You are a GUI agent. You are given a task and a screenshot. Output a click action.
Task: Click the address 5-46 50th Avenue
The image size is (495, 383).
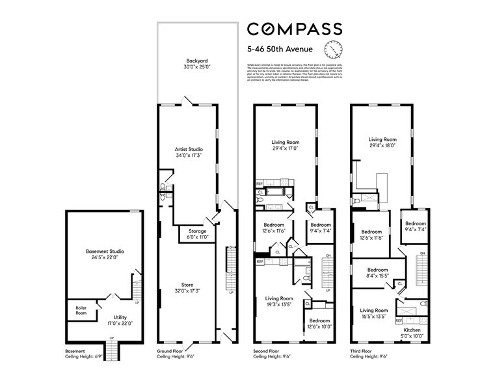(x=281, y=48)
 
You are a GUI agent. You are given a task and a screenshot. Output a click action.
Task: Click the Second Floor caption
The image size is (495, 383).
(x=268, y=352)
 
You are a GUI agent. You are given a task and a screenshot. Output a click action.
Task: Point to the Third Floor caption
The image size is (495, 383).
(x=362, y=352)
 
